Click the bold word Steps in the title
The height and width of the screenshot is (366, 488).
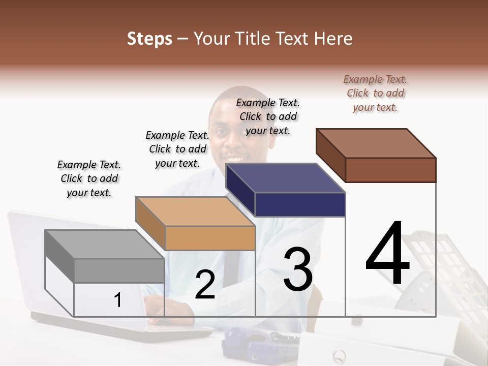click(x=149, y=39)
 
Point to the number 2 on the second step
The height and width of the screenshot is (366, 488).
click(x=205, y=285)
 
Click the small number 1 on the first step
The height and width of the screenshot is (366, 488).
click(x=118, y=300)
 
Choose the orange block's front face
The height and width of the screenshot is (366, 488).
click(x=210, y=238)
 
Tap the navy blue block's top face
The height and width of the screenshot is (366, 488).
click(x=285, y=178)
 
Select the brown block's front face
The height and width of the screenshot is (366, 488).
click(x=390, y=170)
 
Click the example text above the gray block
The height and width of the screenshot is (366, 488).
click(x=89, y=178)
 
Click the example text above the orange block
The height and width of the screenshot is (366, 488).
click(x=177, y=149)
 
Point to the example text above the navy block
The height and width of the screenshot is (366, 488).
click(x=268, y=116)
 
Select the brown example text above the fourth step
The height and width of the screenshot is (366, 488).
click(x=375, y=93)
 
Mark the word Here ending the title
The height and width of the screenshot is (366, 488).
click(x=333, y=39)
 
